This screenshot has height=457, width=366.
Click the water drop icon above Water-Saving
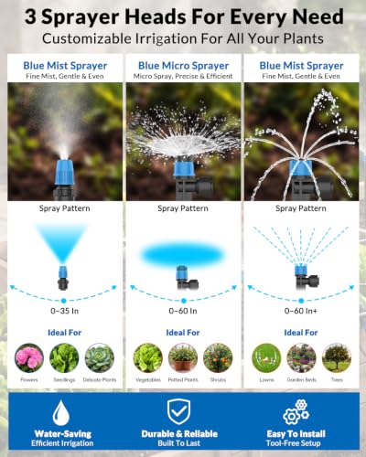pyautogui.click(x=61, y=413)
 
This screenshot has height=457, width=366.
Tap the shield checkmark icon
pyautogui.click(x=179, y=411)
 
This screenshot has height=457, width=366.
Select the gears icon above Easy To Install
pyautogui.click(x=296, y=412)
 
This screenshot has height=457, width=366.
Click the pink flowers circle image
pyautogui.click(x=29, y=358)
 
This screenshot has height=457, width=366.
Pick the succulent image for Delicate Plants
pyautogui.click(x=100, y=358)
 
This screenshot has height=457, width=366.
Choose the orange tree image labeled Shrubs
pyautogui.click(x=218, y=358)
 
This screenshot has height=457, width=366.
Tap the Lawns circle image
pyautogui.click(x=266, y=358)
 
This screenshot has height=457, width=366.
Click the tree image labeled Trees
pyautogui.click(x=337, y=358)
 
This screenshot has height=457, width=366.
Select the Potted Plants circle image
pyautogui.click(x=183, y=358)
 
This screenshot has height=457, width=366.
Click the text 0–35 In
pyautogui.click(x=65, y=311)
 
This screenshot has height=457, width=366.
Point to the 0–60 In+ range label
pyautogui.click(x=301, y=311)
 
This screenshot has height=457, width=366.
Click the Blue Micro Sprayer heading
pyautogui.click(x=183, y=66)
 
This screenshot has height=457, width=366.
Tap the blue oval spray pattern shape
pyautogui.click(x=183, y=255)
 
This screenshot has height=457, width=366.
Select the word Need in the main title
pyautogui.click(x=318, y=16)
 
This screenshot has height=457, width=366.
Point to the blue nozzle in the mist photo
pyautogui.click(x=64, y=172)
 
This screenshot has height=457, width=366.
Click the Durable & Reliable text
pyautogui.click(x=179, y=434)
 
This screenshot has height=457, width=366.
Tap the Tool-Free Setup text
pyautogui.click(x=293, y=443)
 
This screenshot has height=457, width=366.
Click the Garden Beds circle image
pyautogui.click(x=301, y=358)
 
